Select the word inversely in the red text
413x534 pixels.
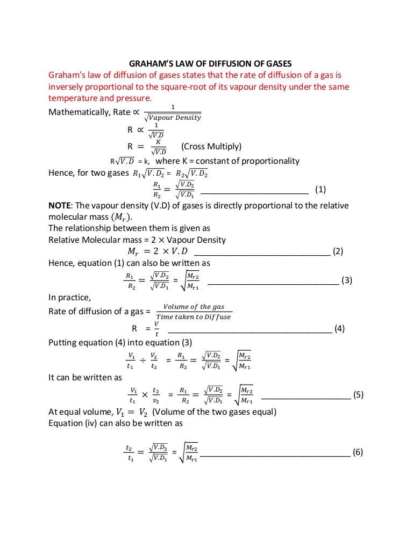[67, 86]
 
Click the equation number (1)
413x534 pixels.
[321, 189]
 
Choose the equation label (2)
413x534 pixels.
[338, 251]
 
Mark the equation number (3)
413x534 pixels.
[347, 280]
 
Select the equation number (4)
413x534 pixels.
[339, 329]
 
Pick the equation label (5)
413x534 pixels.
[359, 394]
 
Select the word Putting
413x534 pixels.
[63, 343]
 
